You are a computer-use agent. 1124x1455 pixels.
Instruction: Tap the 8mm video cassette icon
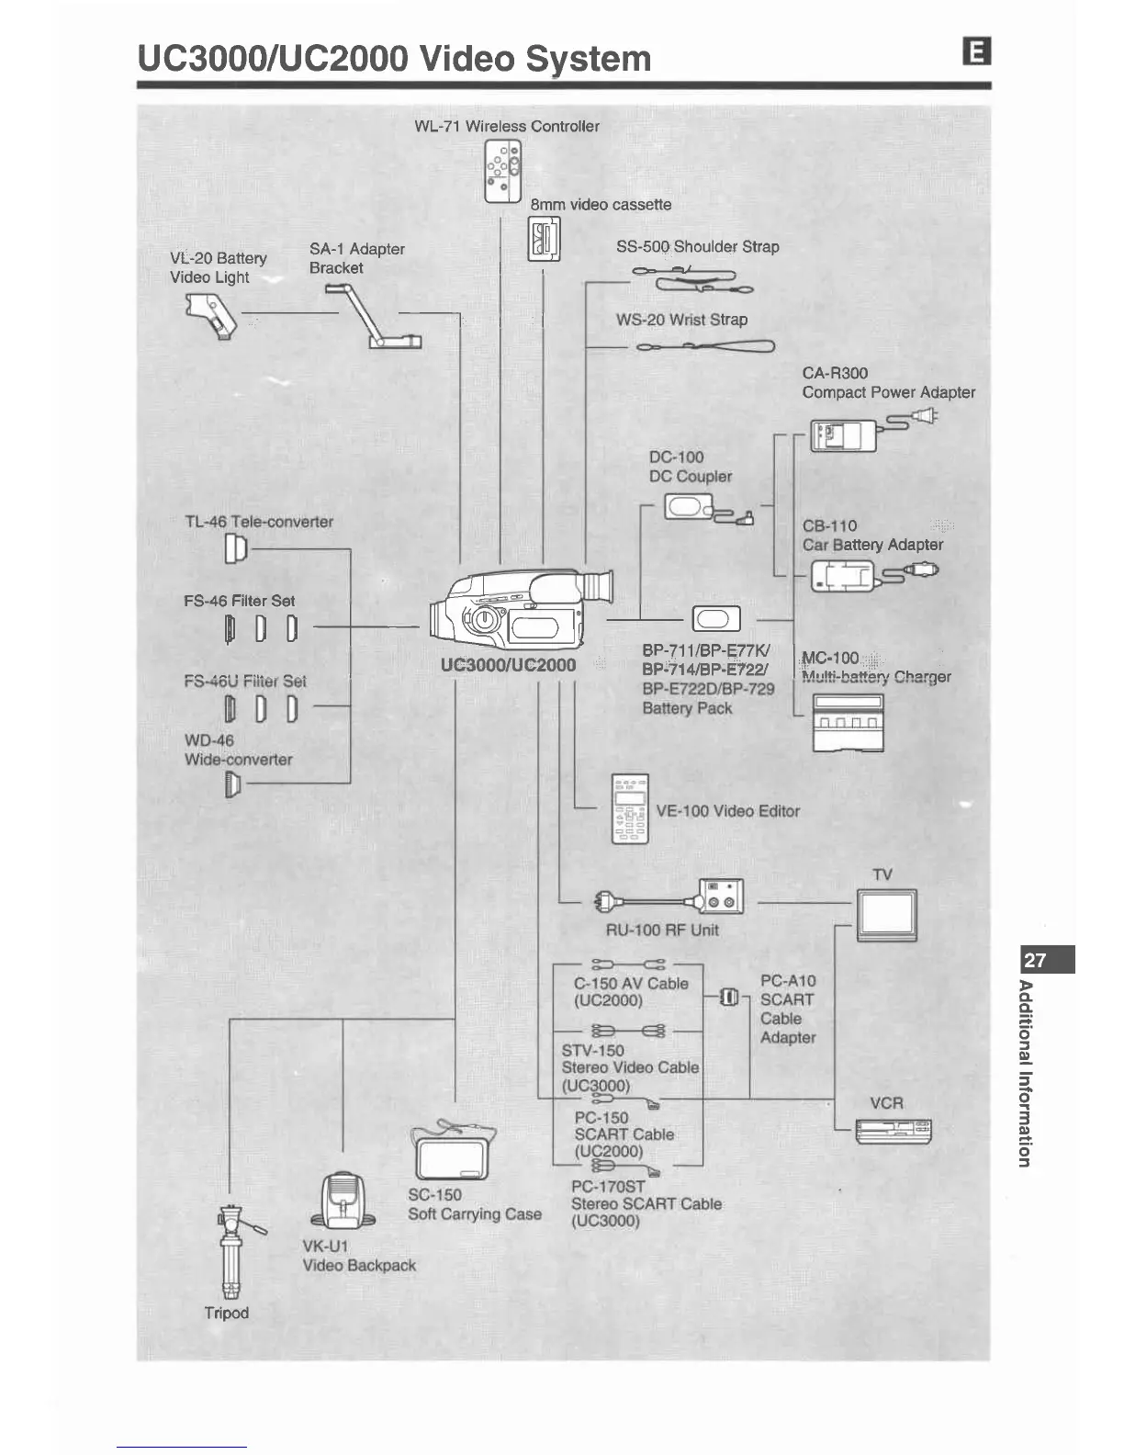[544, 239]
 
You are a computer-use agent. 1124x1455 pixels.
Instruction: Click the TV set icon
[885, 915]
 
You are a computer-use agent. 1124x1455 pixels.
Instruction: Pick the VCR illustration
[892, 1131]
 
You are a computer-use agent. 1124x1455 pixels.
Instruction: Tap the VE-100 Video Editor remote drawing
[630, 809]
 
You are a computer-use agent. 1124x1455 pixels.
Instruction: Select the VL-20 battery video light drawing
[210, 316]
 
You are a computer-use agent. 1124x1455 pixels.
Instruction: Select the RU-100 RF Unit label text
[662, 930]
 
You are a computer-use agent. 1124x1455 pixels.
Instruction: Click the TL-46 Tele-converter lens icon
[236, 549]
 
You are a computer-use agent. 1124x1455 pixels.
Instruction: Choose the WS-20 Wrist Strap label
[681, 320]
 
